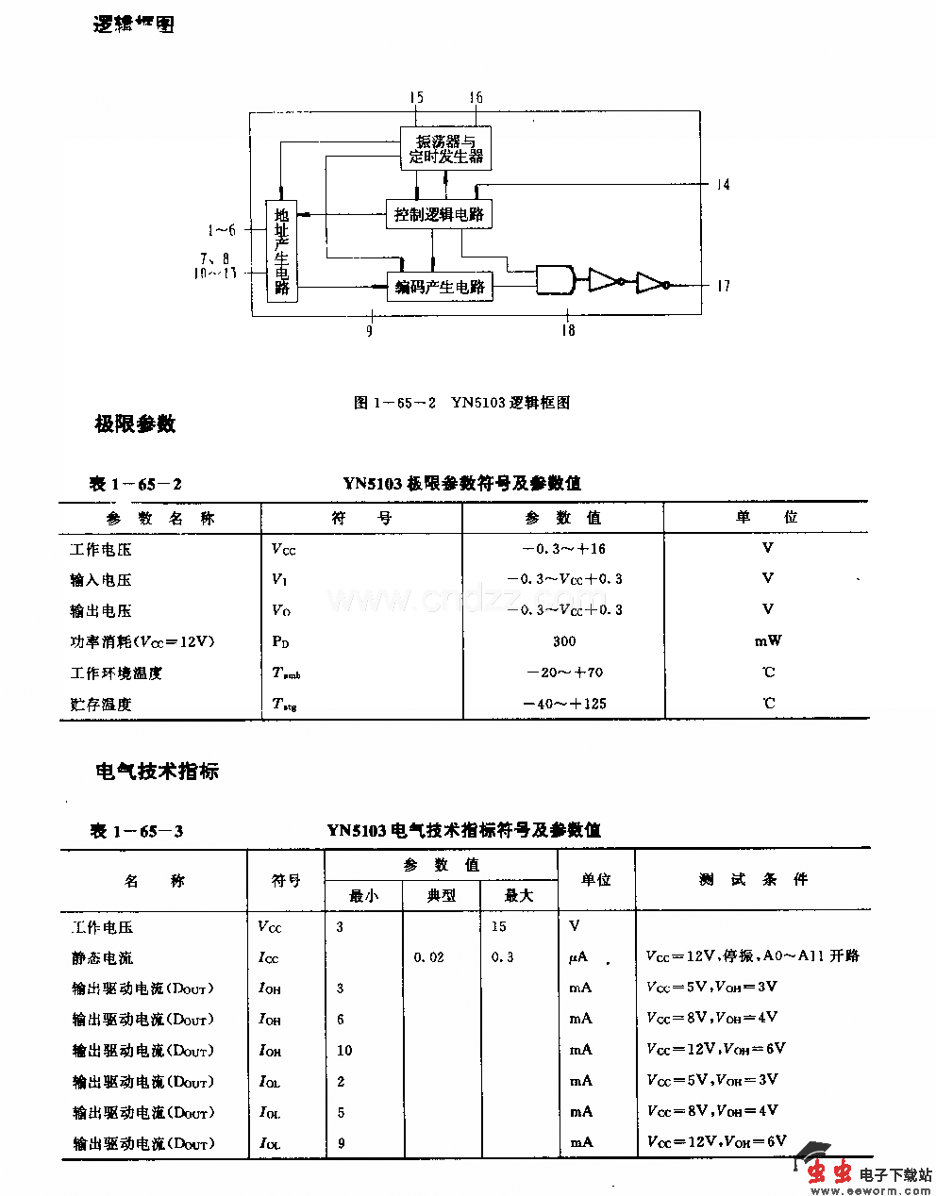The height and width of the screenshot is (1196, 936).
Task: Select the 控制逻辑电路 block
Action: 439,214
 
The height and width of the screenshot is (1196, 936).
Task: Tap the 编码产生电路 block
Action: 440,287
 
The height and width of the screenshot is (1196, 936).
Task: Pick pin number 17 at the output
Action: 723,286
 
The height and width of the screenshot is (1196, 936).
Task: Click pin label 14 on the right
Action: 723,185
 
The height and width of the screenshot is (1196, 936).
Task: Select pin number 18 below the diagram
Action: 568,330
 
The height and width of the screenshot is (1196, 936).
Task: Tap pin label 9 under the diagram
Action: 370,330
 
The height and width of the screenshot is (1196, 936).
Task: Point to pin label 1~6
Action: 222,229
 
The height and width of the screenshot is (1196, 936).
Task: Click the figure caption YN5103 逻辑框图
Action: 461,403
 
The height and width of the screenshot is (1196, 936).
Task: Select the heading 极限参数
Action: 135,424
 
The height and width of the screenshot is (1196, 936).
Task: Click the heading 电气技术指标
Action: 157,772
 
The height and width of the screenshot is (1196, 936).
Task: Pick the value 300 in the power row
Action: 564,641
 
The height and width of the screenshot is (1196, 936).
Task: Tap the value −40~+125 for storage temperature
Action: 564,704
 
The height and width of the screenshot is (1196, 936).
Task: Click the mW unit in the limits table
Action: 768,641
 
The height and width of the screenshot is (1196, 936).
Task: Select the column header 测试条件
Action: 753,879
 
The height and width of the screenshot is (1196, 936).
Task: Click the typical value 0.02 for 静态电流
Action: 429,957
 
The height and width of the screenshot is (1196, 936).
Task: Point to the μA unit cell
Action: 578,957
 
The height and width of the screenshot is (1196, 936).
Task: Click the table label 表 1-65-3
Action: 137,831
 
